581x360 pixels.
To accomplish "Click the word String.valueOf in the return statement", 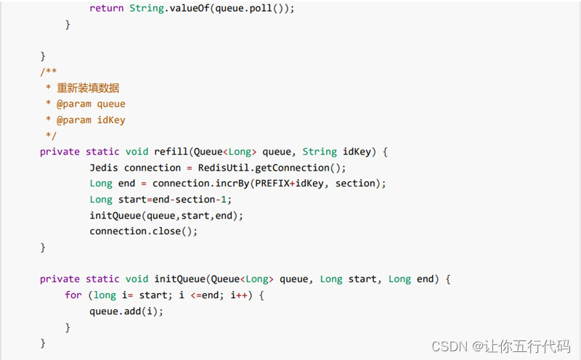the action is click(x=165, y=9).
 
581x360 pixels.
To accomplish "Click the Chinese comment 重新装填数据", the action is click(x=88, y=88).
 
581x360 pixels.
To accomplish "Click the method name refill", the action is click(x=171, y=152).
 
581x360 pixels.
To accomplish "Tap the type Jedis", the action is click(x=104, y=168).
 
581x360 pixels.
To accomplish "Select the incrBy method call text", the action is click(x=231, y=184).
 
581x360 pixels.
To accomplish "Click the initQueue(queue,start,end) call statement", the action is click(x=166, y=216).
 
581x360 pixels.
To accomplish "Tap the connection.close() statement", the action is click(x=143, y=232).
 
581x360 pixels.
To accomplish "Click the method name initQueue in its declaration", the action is click(x=179, y=279).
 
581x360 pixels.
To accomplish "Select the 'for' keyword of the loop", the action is click(x=73, y=295).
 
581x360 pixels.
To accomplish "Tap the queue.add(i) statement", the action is click(x=126, y=311).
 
